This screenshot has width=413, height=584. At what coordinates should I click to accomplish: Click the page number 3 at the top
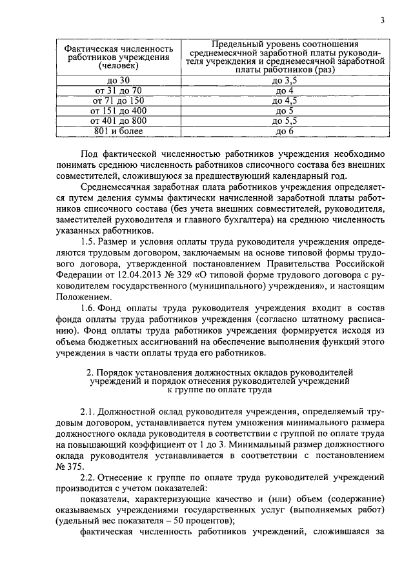tap(382, 19)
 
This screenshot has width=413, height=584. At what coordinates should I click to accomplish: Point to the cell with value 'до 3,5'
tap(285, 80)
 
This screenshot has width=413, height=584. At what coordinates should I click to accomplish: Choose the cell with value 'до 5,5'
tap(285, 121)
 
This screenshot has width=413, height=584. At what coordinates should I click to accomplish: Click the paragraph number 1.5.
tap(88, 241)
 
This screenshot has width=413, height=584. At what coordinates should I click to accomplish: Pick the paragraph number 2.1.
tap(88, 410)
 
